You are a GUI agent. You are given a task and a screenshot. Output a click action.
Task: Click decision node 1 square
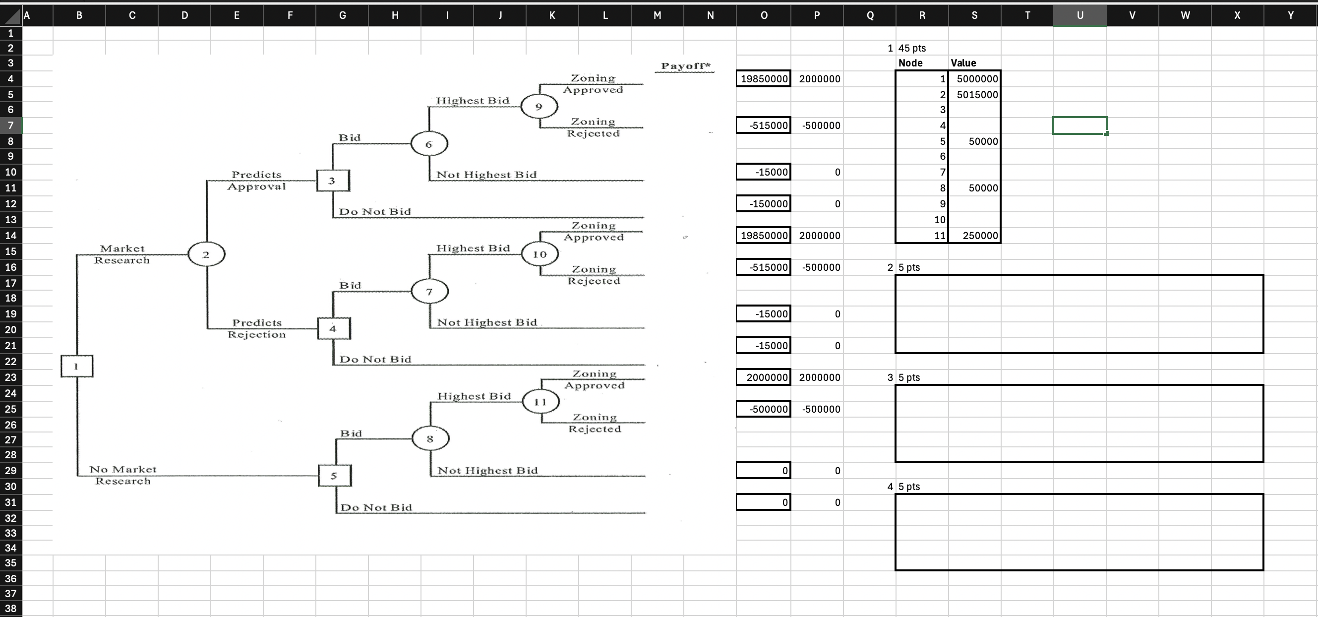[77, 367]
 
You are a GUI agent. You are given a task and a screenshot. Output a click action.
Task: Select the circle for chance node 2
[206, 254]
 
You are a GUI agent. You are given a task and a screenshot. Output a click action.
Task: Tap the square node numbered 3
[333, 181]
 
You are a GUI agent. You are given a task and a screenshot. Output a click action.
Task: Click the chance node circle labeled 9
[539, 107]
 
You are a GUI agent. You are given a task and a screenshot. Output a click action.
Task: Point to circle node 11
[540, 402]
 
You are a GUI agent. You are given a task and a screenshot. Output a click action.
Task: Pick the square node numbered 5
[334, 476]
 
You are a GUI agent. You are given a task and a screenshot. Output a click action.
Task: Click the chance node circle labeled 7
[429, 292]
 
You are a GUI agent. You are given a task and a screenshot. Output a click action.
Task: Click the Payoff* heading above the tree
[685, 66]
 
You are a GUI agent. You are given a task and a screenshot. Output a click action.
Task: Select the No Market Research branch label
[123, 475]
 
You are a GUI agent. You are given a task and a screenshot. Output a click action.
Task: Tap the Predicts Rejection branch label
[257, 328]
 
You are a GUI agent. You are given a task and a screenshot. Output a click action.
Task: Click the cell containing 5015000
[974, 95]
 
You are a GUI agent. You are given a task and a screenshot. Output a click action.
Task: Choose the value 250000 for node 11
[974, 235]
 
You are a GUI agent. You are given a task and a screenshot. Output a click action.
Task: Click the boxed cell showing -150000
[763, 204]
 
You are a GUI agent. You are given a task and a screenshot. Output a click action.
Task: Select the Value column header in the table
[963, 63]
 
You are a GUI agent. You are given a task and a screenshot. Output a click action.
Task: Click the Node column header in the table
[910, 63]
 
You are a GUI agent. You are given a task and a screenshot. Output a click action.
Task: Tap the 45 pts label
[912, 48]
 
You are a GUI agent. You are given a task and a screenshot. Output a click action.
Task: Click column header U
[1079, 15]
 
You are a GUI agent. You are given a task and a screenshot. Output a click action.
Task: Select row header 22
[11, 362]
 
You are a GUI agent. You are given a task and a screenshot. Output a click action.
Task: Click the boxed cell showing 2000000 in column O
[763, 377]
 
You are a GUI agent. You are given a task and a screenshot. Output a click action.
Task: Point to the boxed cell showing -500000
[763, 409]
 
